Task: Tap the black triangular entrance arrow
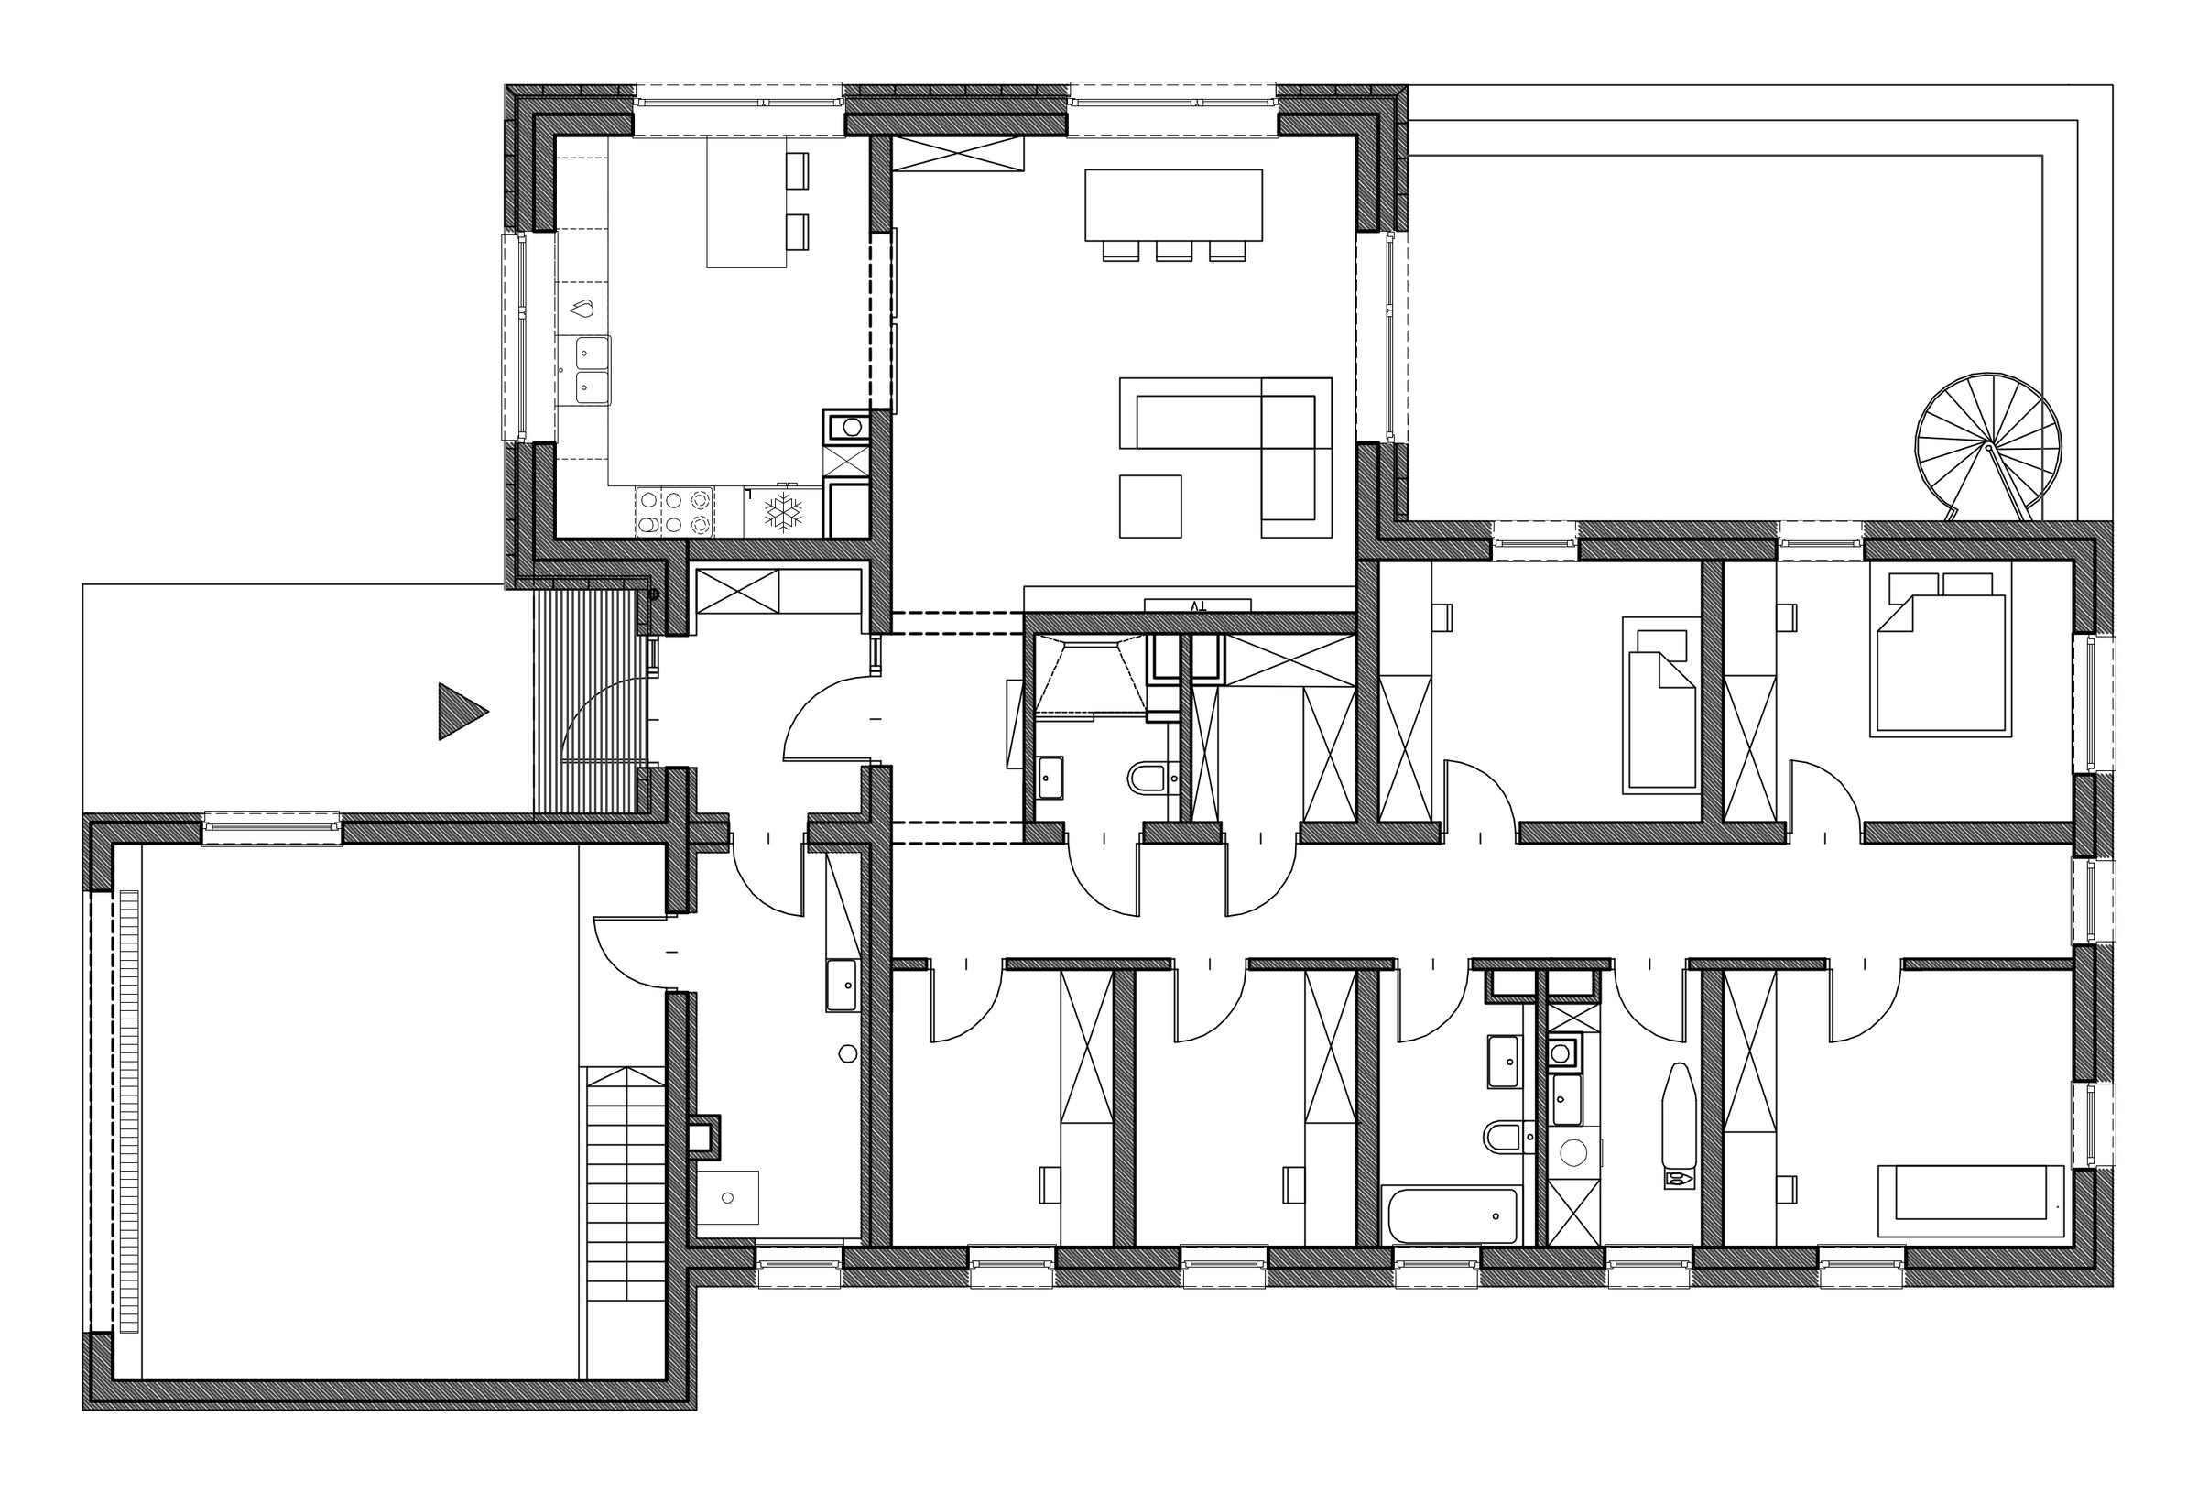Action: point(461,712)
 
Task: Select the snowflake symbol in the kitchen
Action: point(783,511)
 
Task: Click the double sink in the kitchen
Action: point(583,370)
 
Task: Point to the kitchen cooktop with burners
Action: point(674,512)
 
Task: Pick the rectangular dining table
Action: point(1173,204)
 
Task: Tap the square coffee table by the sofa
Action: point(1150,507)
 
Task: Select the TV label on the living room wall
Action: point(1197,605)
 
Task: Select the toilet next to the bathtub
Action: point(1504,1137)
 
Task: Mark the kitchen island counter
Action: point(747,202)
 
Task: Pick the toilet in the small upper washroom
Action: point(1149,778)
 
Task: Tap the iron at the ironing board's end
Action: point(1680,1179)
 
